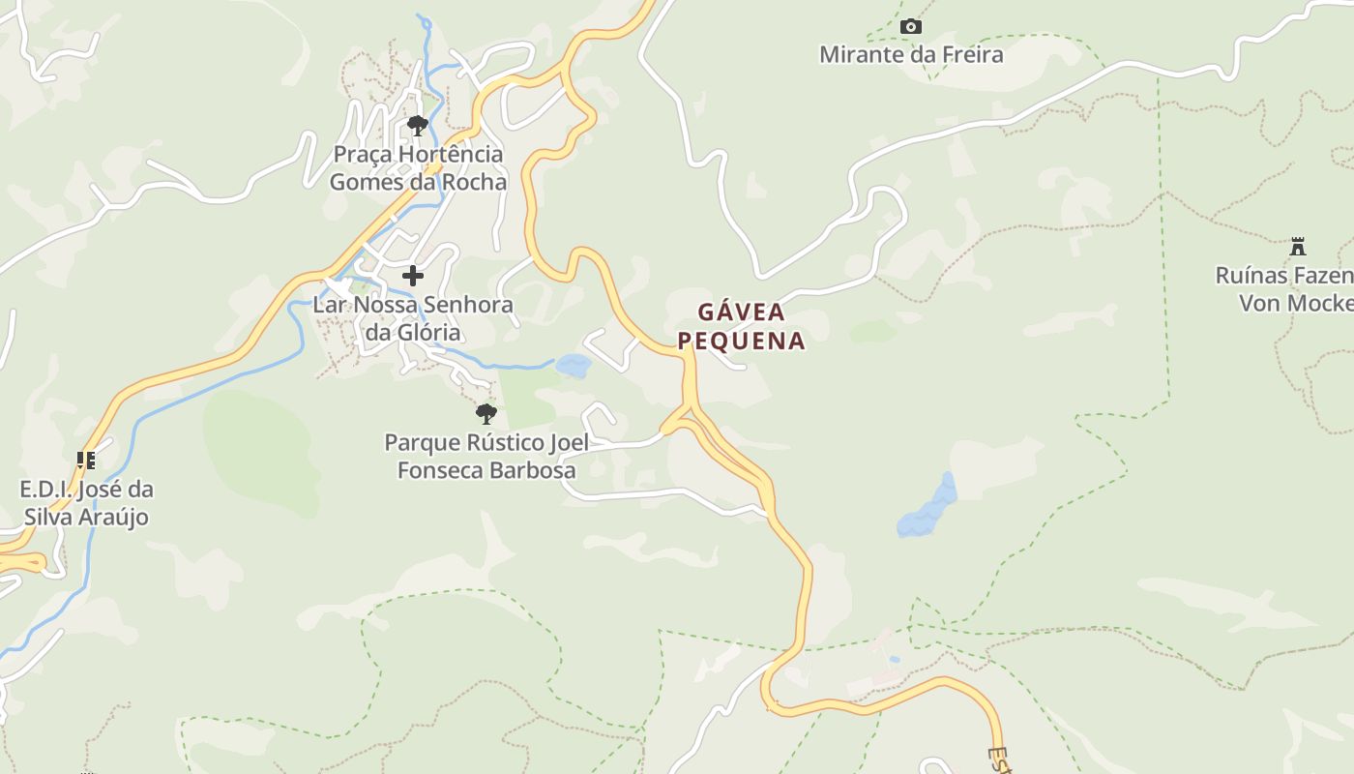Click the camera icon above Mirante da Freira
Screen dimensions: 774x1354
tap(911, 27)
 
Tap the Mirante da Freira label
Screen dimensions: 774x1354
tap(911, 55)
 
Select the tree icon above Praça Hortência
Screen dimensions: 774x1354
tap(418, 125)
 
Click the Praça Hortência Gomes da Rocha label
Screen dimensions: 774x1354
tap(418, 168)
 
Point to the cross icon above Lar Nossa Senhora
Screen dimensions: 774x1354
tap(413, 276)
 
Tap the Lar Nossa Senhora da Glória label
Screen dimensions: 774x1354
tap(413, 319)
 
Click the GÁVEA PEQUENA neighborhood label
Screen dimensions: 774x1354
tap(741, 326)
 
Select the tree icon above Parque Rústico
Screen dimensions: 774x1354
tap(486, 414)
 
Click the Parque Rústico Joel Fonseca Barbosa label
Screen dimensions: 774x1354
tap(486, 457)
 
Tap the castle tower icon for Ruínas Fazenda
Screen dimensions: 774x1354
tap(1298, 247)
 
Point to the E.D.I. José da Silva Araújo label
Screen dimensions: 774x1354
tap(86, 503)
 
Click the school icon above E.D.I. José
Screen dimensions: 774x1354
tap(86, 460)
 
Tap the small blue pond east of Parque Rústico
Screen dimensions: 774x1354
tap(574, 366)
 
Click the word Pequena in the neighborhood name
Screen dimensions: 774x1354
tap(741, 341)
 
